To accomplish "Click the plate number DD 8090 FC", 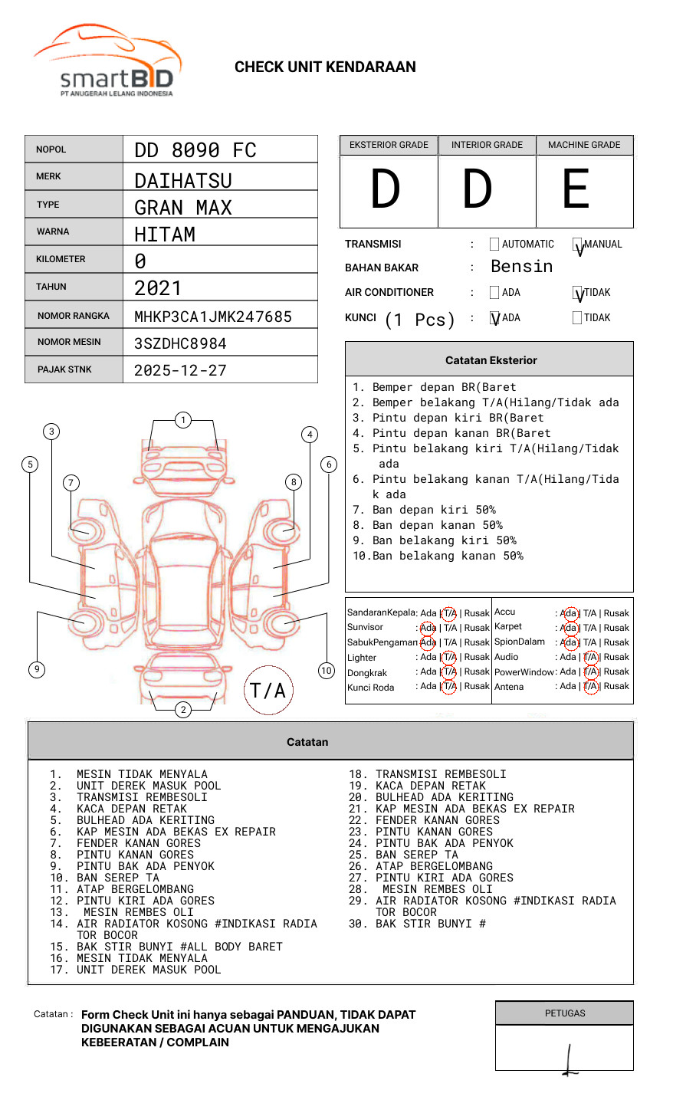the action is click(x=195, y=150).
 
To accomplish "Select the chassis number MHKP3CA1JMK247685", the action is click(x=212, y=317).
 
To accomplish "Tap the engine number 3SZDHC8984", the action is click(x=180, y=343).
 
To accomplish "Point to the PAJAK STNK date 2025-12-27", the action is click(x=180, y=370).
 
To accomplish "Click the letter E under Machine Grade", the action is click(x=576, y=190).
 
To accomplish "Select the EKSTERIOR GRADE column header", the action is click(x=389, y=145).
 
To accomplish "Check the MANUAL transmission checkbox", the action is click(x=578, y=245).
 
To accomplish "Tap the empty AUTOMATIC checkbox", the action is click(x=494, y=245).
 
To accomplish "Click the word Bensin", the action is click(x=521, y=267).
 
